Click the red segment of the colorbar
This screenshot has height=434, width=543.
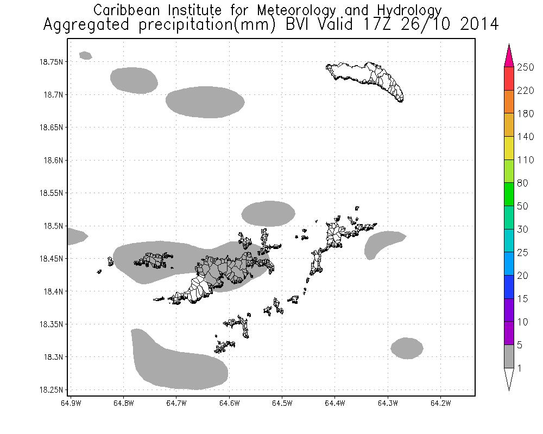(x=509, y=79)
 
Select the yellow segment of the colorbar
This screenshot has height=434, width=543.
(x=509, y=148)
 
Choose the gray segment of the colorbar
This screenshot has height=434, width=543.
(x=509, y=356)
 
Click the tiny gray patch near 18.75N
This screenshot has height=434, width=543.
(x=86, y=55)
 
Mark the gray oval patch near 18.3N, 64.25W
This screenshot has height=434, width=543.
(x=407, y=348)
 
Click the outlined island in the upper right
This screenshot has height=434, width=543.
(x=369, y=79)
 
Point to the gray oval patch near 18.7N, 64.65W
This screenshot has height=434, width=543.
(x=205, y=101)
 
